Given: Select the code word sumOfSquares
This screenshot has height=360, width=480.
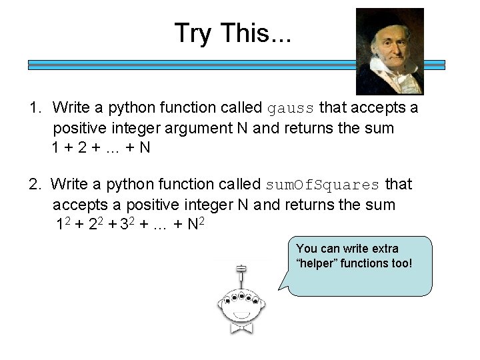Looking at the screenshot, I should pyautogui.click(x=323, y=185).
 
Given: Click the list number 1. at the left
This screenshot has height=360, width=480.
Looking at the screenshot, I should pyautogui.click(x=36, y=107).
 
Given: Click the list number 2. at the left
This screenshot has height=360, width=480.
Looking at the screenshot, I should pyautogui.click(x=36, y=184).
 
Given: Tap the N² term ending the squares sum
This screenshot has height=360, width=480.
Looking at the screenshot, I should pyautogui.click(x=195, y=225).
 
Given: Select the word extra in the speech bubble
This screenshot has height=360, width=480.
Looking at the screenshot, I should pyautogui.click(x=384, y=249).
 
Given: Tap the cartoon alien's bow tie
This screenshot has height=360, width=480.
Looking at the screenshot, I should pyautogui.click(x=241, y=327).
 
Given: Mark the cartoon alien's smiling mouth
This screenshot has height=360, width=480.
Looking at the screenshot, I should pyautogui.click(x=241, y=313).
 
